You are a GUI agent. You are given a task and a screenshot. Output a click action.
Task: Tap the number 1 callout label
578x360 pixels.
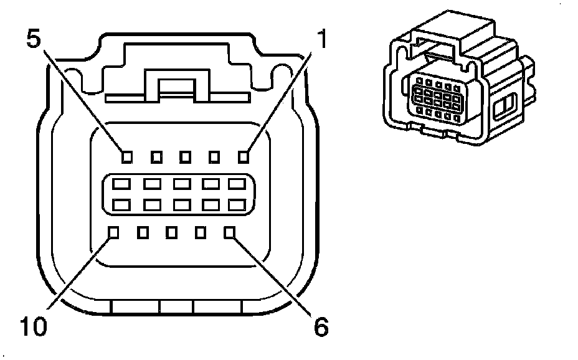(x=321, y=41)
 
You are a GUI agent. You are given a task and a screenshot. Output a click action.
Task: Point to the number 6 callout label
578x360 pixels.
(x=320, y=326)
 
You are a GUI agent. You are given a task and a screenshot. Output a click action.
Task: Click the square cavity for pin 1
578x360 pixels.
(x=244, y=156)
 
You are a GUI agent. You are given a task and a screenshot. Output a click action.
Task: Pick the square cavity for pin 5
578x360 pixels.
(x=126, y=156)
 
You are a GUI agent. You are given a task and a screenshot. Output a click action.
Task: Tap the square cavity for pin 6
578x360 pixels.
(x=230, y=233)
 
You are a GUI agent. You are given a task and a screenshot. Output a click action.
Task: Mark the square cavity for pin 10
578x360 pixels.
(x=113, y=233)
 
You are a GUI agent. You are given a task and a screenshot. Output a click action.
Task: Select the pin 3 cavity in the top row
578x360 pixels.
(x=185, y=156)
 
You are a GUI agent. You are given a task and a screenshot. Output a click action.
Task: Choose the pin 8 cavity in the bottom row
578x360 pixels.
(x=172, y=233)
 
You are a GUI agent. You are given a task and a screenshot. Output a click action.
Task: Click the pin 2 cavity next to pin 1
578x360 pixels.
(x=214, y=156)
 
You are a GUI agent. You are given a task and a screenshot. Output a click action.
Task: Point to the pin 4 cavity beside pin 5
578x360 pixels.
(x=156, y=156)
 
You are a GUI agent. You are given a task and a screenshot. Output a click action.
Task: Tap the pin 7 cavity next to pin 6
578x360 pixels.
(x=201, y=233)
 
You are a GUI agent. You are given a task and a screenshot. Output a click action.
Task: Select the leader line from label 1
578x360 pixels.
(x=280, y=100)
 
